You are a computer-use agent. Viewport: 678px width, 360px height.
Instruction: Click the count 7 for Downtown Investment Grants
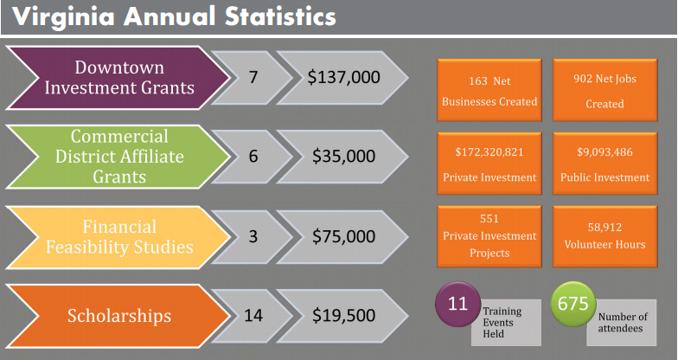point(253,78)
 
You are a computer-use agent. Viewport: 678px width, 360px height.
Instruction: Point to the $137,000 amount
point(343,78)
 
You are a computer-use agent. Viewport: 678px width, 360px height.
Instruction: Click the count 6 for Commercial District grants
point(253,157)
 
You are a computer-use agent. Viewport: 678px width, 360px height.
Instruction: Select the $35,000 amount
point(343,157)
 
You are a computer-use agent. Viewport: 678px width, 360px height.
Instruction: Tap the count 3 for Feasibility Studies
point(253,236)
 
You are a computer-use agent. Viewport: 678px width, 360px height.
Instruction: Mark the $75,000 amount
point(343,236)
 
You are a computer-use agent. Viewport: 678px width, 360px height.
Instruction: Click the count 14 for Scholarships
point(253,316)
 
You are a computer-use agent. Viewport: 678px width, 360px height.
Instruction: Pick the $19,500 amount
point(343,316)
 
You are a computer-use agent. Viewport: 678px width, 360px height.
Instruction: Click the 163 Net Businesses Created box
point(489,91)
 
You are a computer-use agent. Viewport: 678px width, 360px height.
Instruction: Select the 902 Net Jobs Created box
point(604,91)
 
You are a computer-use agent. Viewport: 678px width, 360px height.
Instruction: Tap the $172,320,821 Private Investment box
point(489,164)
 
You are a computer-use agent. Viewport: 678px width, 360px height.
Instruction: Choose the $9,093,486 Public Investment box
point(604,164)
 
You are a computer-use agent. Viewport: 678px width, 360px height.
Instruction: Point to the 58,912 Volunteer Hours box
point(604,236)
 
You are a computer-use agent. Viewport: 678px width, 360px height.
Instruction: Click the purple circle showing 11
point(457,305)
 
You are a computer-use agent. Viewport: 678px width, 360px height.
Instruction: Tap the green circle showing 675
point(573,305)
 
